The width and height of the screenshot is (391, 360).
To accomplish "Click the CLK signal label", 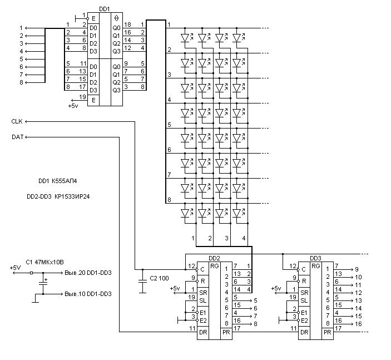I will click(x=17, y=121).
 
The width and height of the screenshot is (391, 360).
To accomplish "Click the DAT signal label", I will click(x=17, y=137).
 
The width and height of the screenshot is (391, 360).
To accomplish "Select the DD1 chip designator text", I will click(x=103, y=9).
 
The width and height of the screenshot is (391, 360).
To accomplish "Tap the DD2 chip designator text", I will click(x=215, y=258).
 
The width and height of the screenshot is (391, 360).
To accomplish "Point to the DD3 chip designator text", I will click(x=316, y=258).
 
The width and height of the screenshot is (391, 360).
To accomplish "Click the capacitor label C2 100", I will click(x=160, y=278).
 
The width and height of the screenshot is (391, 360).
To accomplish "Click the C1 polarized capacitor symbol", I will click(x=42, y=284).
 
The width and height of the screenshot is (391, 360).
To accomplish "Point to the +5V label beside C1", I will click(x=15, y=268).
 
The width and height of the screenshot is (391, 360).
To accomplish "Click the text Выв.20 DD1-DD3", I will click(x=88, y=273).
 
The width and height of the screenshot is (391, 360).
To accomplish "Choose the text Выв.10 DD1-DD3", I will click(x=88, y=294).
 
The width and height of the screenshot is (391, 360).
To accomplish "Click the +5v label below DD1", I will click(x=73, y=105).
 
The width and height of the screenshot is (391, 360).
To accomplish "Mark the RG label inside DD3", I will click(x=316, y=267).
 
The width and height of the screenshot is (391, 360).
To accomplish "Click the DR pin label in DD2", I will click(x=204, y=333).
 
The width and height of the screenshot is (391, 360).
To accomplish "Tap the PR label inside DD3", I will click(x=327, y=333).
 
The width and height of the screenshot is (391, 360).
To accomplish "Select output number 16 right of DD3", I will click(x=358, y=323).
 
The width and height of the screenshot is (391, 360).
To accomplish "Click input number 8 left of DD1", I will click(x=22, y=82).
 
